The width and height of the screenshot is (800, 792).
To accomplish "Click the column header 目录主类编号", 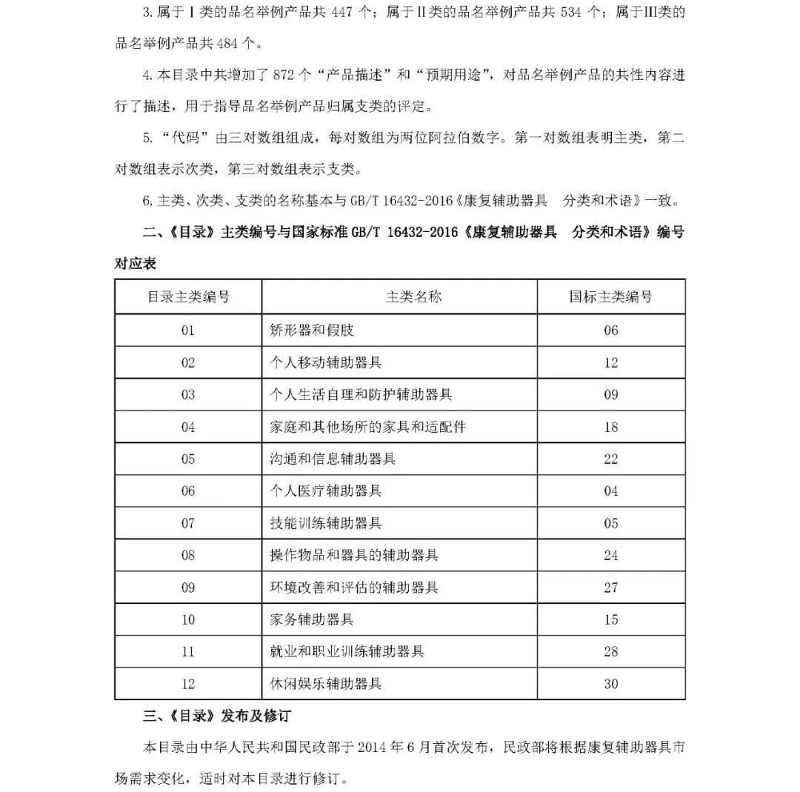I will click(188, 297).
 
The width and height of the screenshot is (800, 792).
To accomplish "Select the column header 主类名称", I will click(413, 297).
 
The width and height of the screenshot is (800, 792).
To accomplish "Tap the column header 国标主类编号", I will click(610, 297).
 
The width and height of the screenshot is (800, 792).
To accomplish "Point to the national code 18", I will click(610, 427).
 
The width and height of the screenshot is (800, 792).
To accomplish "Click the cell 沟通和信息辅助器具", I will click(333, 459).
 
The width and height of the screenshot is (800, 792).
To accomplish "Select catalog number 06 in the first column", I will click(188, 490).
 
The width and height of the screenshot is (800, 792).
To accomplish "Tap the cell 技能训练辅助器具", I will click(326, 523).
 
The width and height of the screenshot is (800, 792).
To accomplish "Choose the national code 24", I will click(610, 555).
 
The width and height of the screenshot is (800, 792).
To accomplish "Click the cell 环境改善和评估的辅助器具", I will click(354, 588).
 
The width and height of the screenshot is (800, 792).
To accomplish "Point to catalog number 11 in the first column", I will click(188, 652).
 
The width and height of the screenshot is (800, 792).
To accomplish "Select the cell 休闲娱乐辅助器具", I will click(326, 684).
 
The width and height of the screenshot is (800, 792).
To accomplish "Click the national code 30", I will click(610, 684).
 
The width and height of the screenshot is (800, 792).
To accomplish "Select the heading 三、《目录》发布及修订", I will click(216, 716).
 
